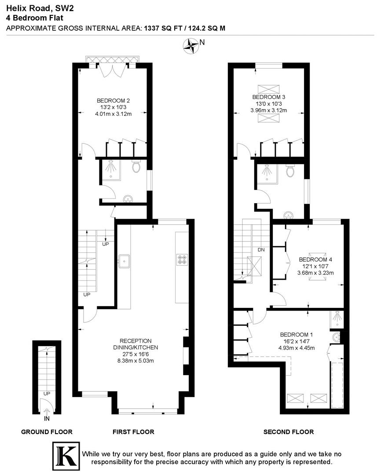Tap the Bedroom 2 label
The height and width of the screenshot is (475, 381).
pos(113,100)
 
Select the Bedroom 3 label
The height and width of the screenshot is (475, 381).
pos(266,97)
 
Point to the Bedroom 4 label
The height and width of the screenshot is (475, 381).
pos(315,259)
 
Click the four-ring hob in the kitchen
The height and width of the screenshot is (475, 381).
pos(182,260)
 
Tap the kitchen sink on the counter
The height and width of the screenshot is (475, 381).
pos(124,261)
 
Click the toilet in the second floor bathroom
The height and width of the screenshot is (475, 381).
pos(290,171)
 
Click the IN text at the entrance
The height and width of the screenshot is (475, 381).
pos(47,412)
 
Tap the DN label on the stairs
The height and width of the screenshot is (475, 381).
pos(261,249)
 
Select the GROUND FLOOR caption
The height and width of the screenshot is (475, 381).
pos(47,432)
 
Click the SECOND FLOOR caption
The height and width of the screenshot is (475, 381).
pos(289,432)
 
